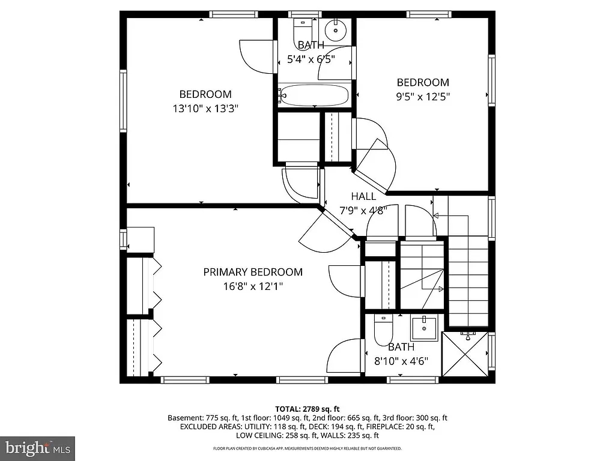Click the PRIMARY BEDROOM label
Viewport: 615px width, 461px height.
tap(252, 272)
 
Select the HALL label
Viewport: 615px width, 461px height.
tap(363, 196)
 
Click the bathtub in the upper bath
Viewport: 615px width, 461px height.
tap(314, 95)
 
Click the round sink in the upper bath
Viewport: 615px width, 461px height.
tap(336, 28)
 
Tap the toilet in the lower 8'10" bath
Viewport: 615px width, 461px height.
tap(383, 331)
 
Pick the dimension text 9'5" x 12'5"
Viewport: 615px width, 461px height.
tap(422, 96)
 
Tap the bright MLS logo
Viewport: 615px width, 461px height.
tap(37, 448)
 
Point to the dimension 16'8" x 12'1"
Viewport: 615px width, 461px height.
tap(252, 286)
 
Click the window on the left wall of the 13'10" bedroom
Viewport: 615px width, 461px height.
tap(123, 101)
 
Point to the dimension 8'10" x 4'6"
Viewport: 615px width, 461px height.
tap(401, 361)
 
